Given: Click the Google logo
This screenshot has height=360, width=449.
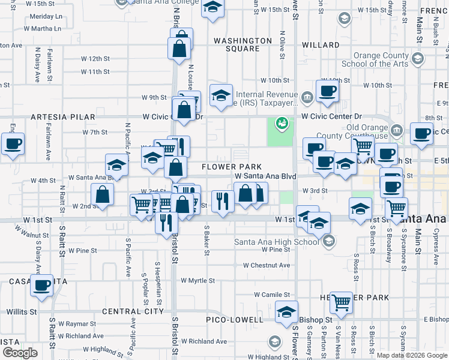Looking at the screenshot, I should [x=20, y=353].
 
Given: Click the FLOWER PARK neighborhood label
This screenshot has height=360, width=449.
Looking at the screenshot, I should [x=232, y=166].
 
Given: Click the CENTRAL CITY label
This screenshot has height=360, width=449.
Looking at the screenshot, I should [x=133, y=311].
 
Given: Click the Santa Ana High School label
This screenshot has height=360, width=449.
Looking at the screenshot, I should [x=276, y=242].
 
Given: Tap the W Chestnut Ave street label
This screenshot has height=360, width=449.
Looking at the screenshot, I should [x=267, y=265].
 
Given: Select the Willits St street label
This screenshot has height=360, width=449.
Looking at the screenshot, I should [x=22, y=312].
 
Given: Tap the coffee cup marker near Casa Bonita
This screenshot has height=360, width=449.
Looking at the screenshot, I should [x=43, y=286].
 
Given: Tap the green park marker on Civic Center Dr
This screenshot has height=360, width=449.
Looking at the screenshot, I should [x=280, y=124].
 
